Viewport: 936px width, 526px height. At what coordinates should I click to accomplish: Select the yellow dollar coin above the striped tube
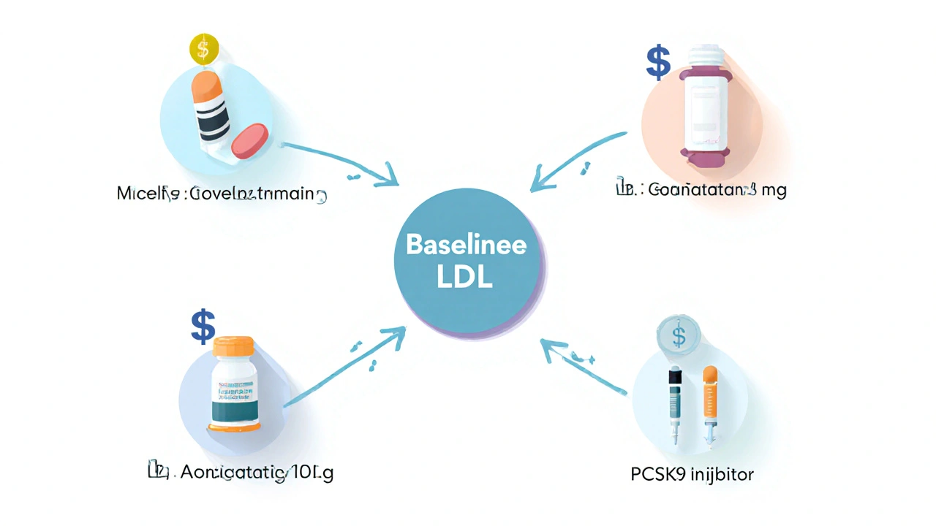click(x=204, y=49)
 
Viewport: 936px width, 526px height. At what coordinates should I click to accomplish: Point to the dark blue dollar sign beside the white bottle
click(x=658, y=63)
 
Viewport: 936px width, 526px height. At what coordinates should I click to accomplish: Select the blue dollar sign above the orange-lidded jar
click(x=203, y=327)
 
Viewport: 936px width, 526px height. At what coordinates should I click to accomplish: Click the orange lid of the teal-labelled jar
click(x=233, y=346)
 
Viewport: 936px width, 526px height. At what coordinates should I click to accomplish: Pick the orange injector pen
click(x=709, y=405)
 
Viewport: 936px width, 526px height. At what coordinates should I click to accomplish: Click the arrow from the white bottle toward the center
click(x=578, y=161)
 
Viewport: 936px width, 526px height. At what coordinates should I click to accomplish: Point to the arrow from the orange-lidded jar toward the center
click(x=344, y=368)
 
